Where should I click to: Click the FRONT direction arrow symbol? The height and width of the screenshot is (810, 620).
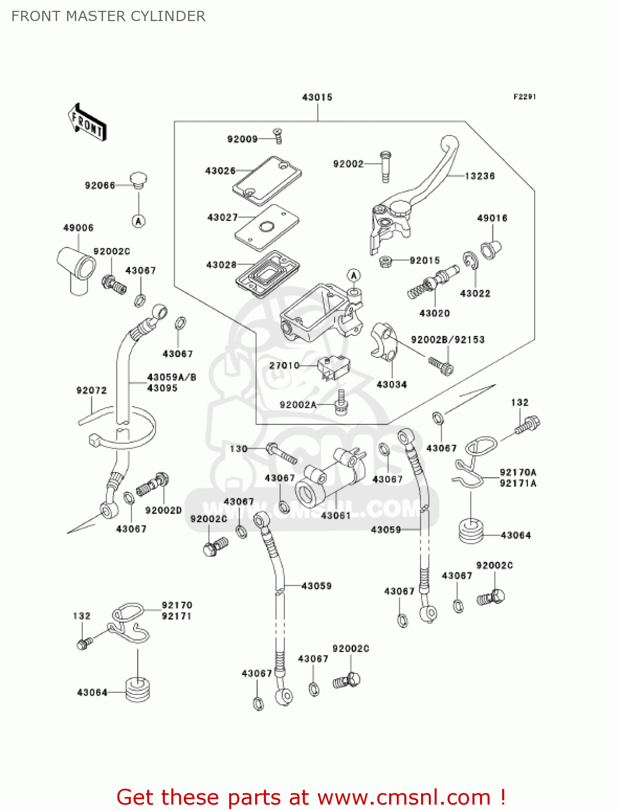point(86,123)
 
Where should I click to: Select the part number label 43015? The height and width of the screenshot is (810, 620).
point(317,97)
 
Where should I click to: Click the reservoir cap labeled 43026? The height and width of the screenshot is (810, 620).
point(266,180)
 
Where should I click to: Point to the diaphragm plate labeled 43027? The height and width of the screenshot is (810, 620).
point(266,227)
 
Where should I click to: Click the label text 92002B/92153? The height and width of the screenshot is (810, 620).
point(448,340)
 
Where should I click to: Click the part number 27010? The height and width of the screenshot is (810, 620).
point(284,366)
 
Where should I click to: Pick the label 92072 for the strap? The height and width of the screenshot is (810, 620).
point(91,390)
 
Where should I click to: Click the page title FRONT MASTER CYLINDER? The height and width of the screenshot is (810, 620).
point(108,16)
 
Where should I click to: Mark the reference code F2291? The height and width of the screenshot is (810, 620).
point(524,97)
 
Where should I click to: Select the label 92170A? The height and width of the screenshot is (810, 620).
point(518,473)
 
